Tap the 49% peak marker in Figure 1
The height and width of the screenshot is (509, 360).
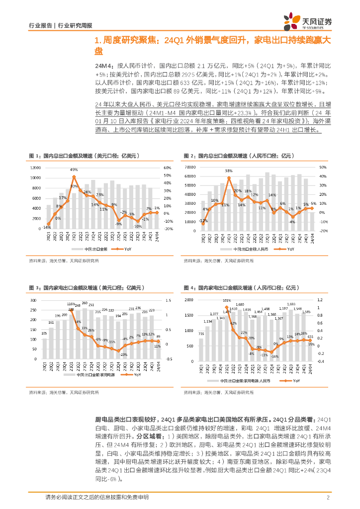click(x=74, y=176)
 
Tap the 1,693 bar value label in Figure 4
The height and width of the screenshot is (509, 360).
click(x=291, y=304)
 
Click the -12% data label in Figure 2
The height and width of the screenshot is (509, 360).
click(x=202, y=221)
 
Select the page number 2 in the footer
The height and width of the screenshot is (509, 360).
click(x=328, y=498)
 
